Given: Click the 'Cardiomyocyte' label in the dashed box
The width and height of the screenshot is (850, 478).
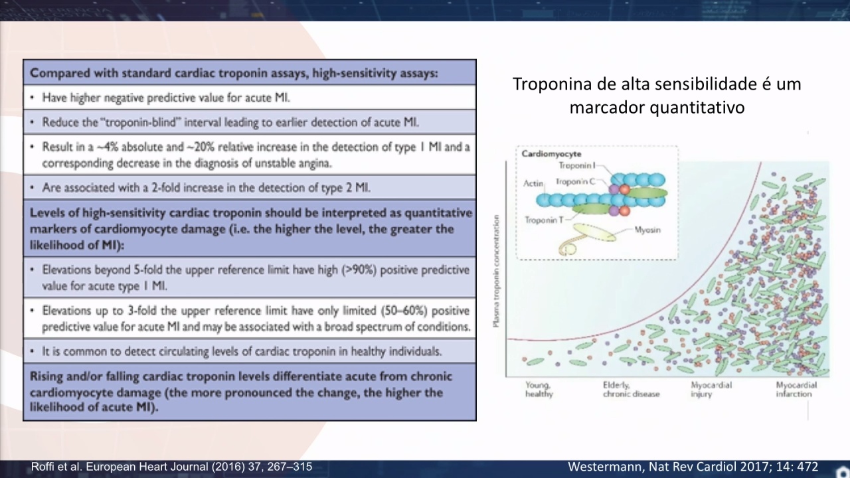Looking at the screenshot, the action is [551, 153].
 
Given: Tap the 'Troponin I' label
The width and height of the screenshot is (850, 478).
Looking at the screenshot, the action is [577, 165].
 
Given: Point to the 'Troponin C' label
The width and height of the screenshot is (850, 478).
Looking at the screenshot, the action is [575, 182].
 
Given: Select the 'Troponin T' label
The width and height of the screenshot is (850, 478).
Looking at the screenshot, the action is [544, 220].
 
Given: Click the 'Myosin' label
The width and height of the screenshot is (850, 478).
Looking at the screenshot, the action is [647, 230].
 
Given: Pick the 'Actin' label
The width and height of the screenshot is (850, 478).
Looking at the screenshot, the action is [533, 184].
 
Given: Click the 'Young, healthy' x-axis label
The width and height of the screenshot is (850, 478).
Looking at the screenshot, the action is [539, 390].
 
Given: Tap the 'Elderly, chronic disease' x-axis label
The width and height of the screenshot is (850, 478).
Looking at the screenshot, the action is [631, 390].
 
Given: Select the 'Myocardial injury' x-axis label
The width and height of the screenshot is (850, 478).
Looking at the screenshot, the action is [711, 390].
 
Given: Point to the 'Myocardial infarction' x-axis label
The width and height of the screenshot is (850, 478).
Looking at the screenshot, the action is [796, 390].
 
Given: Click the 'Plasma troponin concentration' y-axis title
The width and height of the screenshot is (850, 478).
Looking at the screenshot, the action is [497, 272].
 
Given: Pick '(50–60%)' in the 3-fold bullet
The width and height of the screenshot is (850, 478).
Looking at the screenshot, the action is [404, 311].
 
